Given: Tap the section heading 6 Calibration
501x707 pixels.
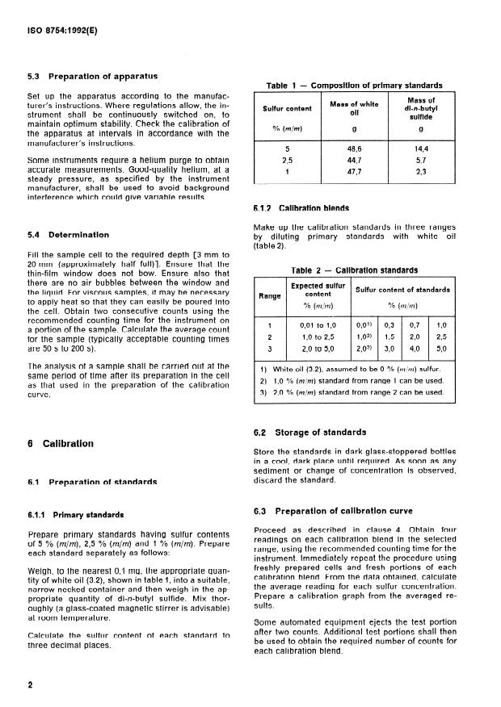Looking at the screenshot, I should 61,443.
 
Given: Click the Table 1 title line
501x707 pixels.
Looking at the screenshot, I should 354,86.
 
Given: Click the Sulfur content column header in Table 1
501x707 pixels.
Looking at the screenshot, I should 288,107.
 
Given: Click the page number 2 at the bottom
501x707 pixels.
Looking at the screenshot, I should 30,685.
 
